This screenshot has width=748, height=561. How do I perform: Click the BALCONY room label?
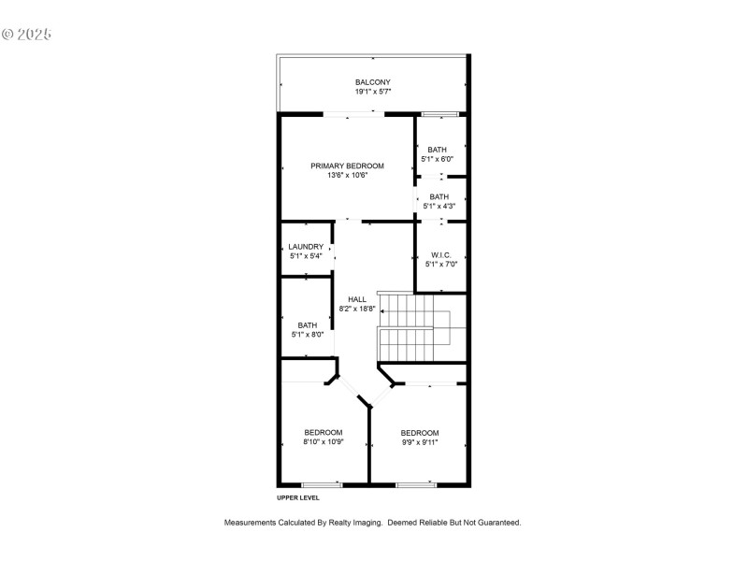click(x=372, y=82)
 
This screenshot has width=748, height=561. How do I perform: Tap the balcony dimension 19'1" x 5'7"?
click(x=372, y=92)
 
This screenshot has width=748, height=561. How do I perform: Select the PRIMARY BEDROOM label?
click(x=348, y=165)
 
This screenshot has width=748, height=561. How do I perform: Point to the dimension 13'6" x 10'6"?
click(x=348, y=175)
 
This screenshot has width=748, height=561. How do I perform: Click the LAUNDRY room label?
click(x=306, y=247)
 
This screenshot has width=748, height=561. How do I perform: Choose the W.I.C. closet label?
click(x=441, y=254)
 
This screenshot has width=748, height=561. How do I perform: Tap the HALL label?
click(x=357, y=299)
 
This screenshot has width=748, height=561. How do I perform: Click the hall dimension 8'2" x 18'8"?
click(x=357, y=309)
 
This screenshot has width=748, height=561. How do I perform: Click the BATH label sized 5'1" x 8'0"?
click(x=308, y=324)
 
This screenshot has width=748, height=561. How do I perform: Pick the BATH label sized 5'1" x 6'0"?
click(x=438, y=150)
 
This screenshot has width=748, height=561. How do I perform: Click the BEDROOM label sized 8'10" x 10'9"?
click(x=324, y=432)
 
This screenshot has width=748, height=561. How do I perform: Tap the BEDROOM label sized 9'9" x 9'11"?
click(x=420, y=432)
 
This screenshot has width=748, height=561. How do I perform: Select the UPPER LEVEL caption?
click(x=298, y=497)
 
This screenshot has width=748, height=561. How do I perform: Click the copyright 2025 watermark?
click(x=26, y=35)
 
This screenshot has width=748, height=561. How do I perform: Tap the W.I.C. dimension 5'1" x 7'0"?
click(x=441, y=264)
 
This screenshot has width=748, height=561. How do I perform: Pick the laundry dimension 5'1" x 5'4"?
click(x=306, y=256)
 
